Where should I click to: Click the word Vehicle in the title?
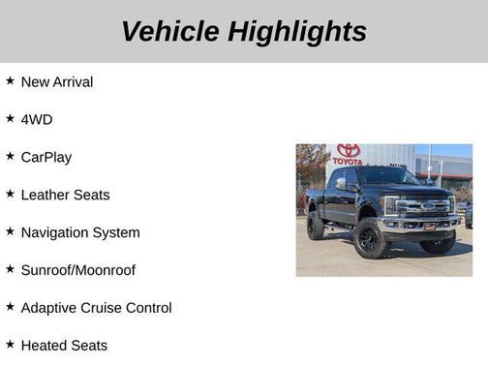[x=169, y=31]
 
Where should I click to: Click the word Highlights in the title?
[x=297, y=31]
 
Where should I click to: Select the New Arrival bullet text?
[x=57, y=82]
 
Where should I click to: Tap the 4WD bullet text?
[x=37, y=119]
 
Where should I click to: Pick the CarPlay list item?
[x=46, y=157]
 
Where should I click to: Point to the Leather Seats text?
[x=65, y=195]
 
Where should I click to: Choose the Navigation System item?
[x=80, y=232]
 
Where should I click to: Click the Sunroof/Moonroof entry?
[x=77, y=270]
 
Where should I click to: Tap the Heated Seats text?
[x=64, y=346]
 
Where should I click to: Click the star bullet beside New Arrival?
[x=10, y=81]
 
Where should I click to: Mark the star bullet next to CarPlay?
[x=10, y=156]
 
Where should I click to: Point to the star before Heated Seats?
[x=10, y=345]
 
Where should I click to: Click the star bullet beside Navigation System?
[x=10, y=231]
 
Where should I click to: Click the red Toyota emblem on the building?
[x=349, y=150]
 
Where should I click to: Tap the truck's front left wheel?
[x=373, y=238]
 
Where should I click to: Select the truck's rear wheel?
[x=316, y=226]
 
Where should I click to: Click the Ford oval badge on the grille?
[x=427, y=205]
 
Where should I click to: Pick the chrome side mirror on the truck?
[x=342, y=183]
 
